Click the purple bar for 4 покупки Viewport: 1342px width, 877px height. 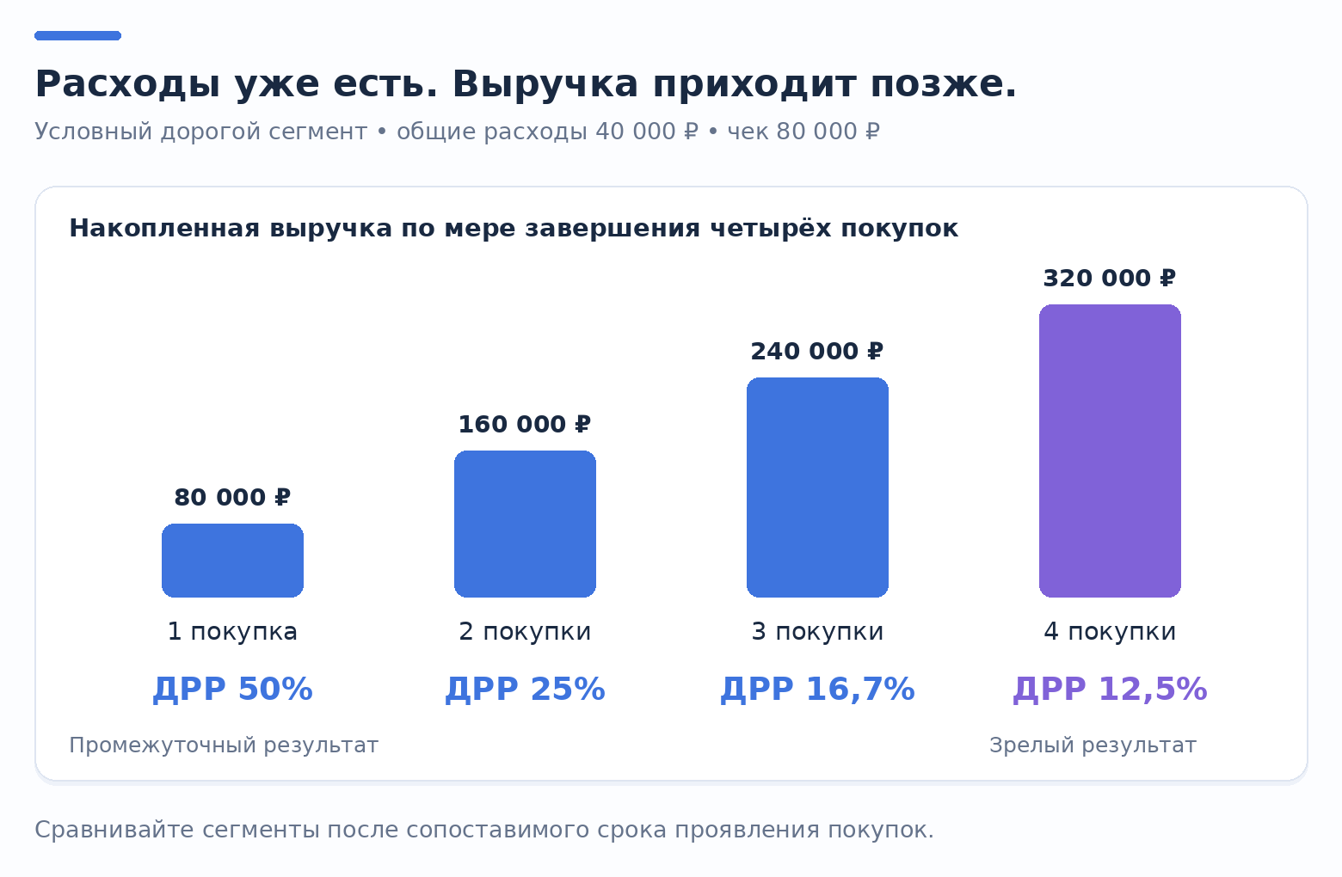point(1110,451)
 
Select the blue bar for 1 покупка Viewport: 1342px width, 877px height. point(232,561)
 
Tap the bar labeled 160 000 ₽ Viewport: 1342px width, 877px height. point(525,524)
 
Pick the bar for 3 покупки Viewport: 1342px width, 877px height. point(817,488)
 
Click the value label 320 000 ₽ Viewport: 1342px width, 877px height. point(1110,279)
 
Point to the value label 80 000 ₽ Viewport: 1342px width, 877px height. point(232,498)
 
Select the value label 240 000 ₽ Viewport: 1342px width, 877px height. point(817,352)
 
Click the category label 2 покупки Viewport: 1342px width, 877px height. point(525,632)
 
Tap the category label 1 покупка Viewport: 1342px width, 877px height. point(232,632)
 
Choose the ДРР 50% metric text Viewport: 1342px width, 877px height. point(232,689)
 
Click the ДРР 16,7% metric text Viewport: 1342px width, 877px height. point(817,689)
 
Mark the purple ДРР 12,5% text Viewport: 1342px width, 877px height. point(1110,689)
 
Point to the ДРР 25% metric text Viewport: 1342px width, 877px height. point(525,689)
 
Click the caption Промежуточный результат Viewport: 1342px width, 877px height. point(224,745)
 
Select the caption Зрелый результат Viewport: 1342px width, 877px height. point(1093,745)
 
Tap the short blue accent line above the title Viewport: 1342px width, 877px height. point(78,36)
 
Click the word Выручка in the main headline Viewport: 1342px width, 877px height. point(545,83)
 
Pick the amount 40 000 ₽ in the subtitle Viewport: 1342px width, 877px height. point(647,131)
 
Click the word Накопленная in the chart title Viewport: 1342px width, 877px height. point(165,228)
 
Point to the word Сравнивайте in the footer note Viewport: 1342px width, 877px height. point(115,830)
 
